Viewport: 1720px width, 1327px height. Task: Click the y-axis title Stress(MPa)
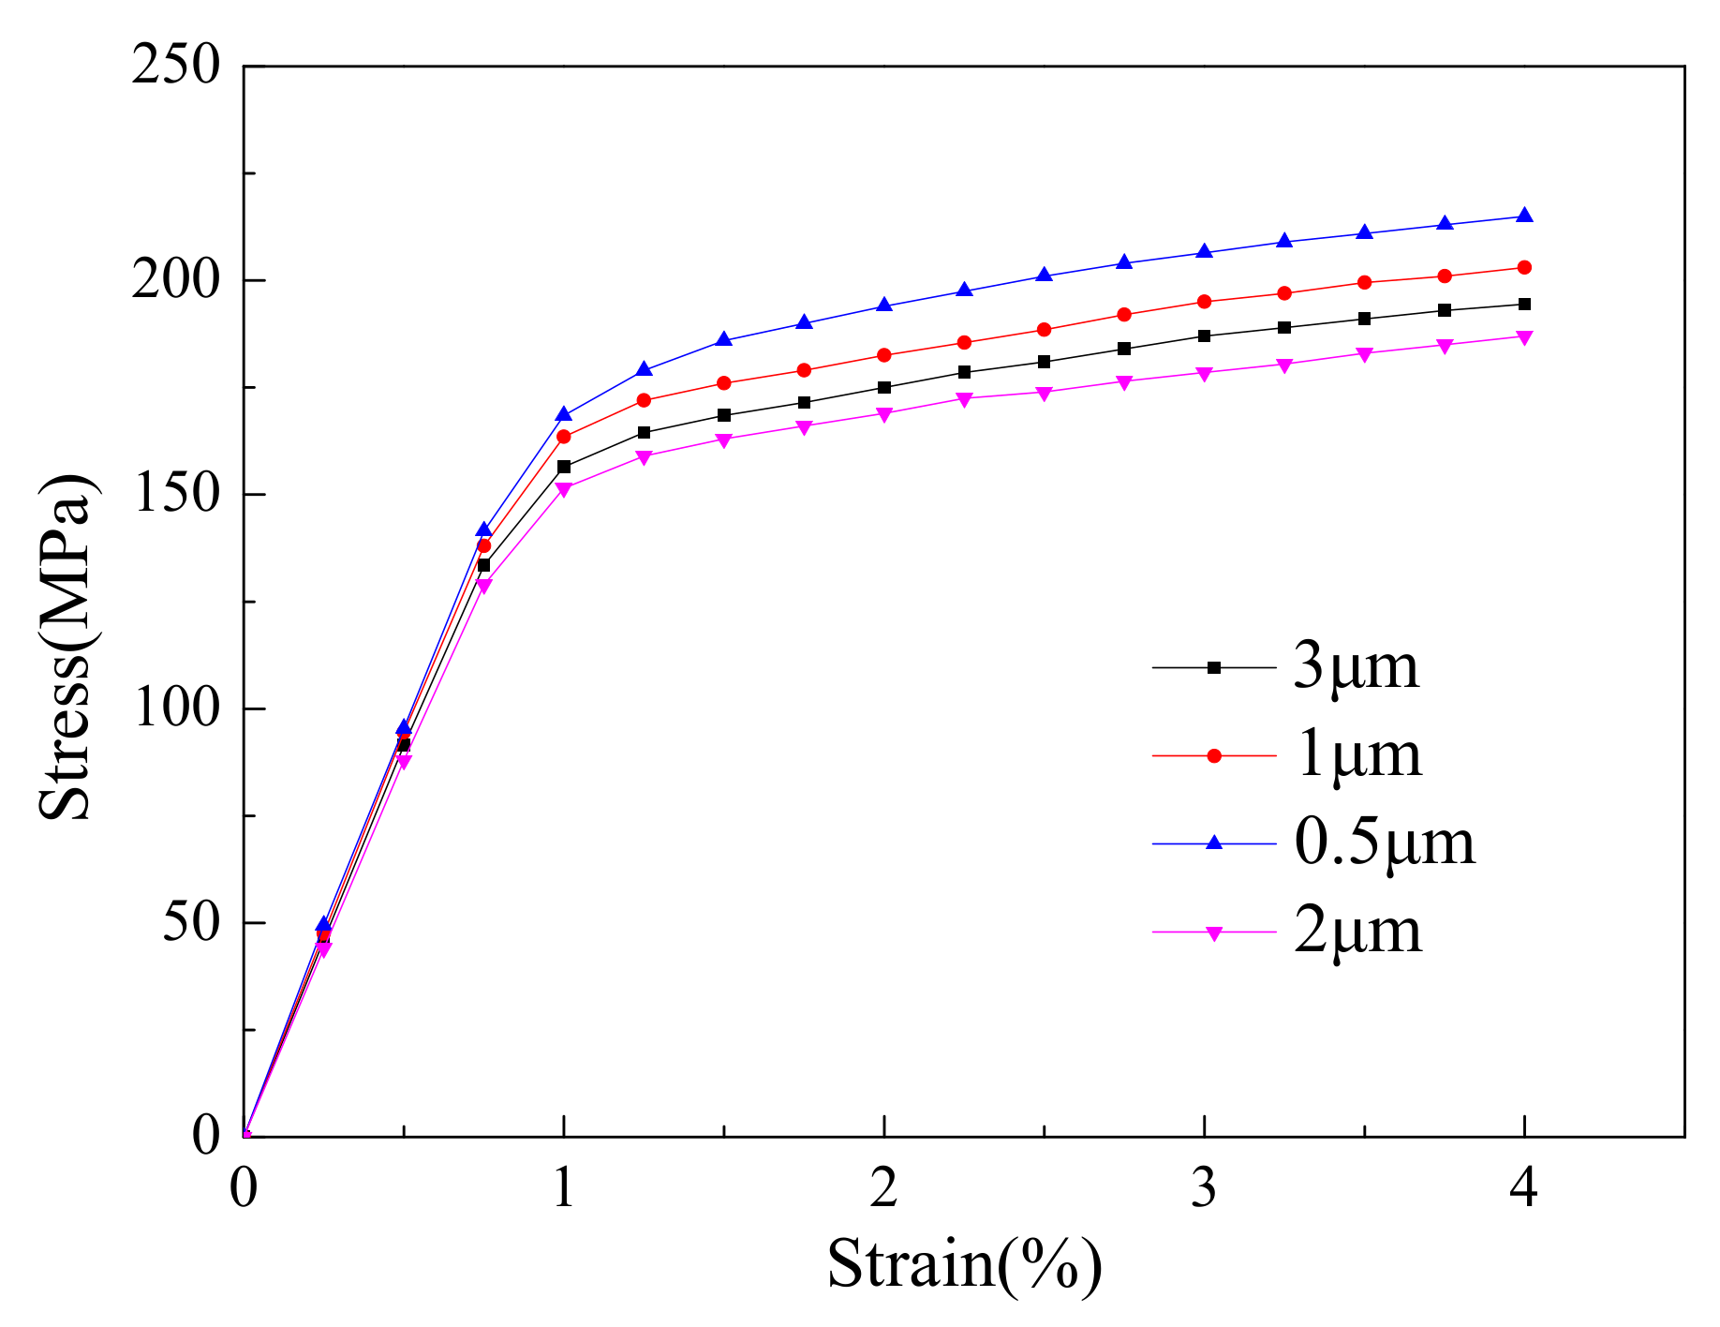pos(66,647)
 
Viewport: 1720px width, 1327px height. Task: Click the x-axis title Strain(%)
pos(964,1264)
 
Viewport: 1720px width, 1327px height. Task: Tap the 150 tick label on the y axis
pos(177,494)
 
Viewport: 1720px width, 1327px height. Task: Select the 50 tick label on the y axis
pos(191,922)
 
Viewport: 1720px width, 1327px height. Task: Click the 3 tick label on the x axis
pos(1204,1188)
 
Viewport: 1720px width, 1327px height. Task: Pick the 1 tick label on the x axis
pos(563,1188)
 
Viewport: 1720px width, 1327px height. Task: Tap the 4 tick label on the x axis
pos(1524,1188)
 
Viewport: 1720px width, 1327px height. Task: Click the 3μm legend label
pos(1356,666)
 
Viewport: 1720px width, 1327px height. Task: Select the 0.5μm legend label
pos(1384,842)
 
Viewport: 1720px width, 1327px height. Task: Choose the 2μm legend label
pos(1357,932)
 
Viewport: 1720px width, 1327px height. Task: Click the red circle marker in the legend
pos(1214,755)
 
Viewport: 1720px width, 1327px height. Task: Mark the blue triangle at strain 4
pos(1524,216)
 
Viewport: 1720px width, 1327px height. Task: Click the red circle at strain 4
pos(1524,267)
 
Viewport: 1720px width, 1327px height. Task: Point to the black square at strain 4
pos(1524,304)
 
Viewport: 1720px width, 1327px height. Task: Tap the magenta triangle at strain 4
pos(1524,337)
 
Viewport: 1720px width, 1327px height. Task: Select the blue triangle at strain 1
pos(563,414)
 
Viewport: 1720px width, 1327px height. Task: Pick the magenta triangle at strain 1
pos(563,489)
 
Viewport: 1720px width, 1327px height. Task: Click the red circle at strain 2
pos(883,355)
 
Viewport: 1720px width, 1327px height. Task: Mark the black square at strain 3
pos(1204,335)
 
